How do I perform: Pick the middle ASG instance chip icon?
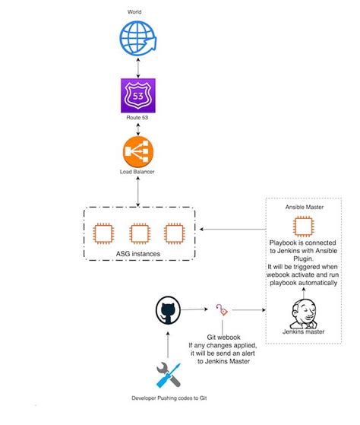coord(137,233)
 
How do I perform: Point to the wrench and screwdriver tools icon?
coord(167,375)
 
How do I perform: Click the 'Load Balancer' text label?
coord(137,173)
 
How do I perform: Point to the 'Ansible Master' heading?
coord(304,206)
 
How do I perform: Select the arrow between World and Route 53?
coord(137,65)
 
